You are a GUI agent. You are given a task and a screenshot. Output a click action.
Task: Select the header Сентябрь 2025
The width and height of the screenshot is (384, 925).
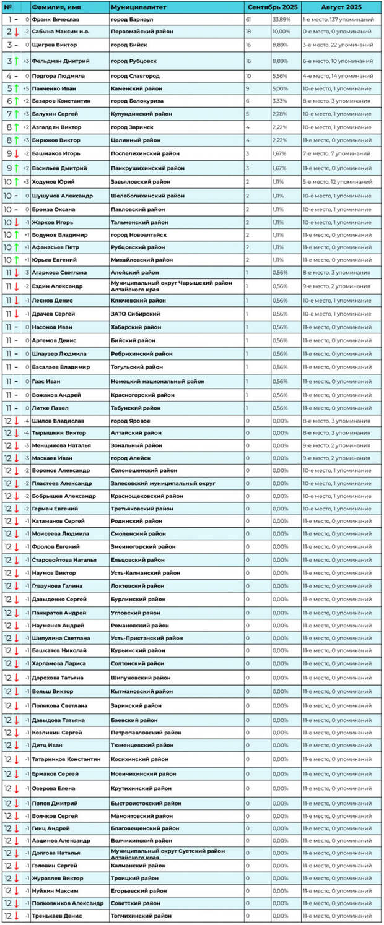pyautogui.click(x=272, y=6)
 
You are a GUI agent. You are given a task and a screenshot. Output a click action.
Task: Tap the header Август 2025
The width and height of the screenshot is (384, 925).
pyautogui.click(x=341, y=6)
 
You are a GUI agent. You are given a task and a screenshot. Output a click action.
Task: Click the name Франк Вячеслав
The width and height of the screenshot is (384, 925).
pyautogui.click(x=54, y=20)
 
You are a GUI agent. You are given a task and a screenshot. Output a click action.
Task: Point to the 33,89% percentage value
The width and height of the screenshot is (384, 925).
pyautogui.click(x=281, y=20)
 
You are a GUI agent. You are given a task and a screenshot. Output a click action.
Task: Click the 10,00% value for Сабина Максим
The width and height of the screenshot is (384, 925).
pyautogui.click(x=281, y=31)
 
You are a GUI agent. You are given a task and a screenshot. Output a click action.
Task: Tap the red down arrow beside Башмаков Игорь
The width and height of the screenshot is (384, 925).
pyautogui.click(x=17, y=153)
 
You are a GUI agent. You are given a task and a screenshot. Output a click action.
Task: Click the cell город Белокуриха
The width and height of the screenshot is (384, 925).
pyautogui.click(x=139, y=100)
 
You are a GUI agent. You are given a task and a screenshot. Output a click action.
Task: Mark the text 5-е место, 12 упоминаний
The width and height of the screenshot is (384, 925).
pyautogui.click(x=338, y=182)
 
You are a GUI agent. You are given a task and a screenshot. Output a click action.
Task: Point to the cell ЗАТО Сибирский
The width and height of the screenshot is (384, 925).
pyautogui.click(x=135, y=314)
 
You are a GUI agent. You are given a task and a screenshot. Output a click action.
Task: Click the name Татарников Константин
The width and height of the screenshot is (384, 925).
pyautogui.click(x=66, y=759)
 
